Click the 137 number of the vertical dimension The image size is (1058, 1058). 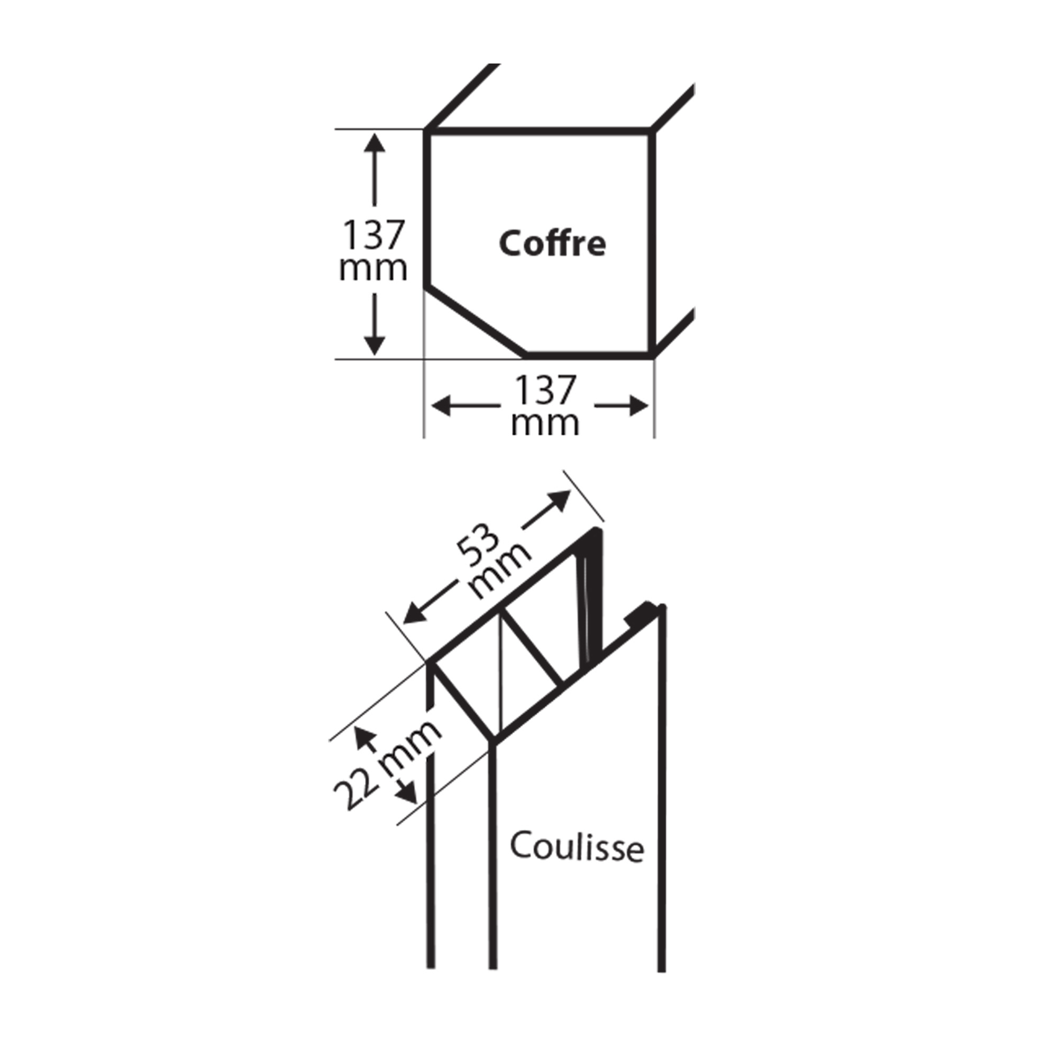click(373, 234)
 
